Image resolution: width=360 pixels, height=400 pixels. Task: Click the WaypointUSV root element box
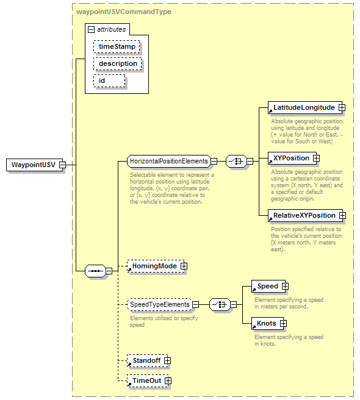(34, 165)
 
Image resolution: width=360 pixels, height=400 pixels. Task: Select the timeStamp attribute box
(117, 47)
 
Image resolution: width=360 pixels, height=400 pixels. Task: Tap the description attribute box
(118, 63)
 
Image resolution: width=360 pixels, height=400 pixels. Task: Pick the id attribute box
(110, 81)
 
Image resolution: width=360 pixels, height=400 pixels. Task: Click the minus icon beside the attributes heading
(91, 30)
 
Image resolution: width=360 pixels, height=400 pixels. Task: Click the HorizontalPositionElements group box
(169, 161)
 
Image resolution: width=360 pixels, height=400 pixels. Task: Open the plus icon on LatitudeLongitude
(342, 108)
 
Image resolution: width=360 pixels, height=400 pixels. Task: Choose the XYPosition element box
(291, 158)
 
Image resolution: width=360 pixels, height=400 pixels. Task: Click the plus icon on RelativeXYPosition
(342, 216)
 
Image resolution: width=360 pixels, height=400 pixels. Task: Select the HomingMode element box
(156, 266)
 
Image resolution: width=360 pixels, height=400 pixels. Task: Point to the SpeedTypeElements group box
(159, 305)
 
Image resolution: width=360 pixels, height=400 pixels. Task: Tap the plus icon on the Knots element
(283, 323)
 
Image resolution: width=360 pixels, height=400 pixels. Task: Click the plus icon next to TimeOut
(168, 381)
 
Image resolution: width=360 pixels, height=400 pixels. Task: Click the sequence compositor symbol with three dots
(95, 271)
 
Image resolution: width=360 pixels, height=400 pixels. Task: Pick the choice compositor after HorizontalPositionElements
(236, 161)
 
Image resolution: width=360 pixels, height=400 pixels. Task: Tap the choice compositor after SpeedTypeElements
(220, 305)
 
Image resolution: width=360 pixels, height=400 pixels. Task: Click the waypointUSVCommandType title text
(124, 12)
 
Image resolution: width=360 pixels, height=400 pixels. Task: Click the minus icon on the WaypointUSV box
(62, 165)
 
